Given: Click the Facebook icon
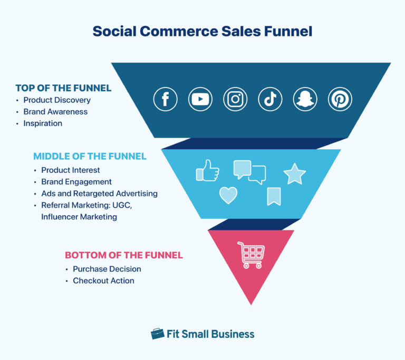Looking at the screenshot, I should point(166,99).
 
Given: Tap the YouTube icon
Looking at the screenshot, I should point(200,99).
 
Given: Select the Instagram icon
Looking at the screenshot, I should point(235,99).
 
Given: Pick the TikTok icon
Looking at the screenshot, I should point(270,99).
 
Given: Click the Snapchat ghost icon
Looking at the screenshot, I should point(305,99).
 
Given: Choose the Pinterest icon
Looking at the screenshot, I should point(340,99).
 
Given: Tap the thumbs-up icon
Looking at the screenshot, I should point(207,170).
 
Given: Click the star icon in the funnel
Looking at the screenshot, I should point(294,174).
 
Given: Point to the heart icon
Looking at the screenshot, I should point(228,196).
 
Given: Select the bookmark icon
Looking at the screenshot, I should point(274,196).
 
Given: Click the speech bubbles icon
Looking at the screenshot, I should point(249,172).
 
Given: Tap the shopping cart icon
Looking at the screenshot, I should point(251,255).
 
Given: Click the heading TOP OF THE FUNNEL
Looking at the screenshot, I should point(63,88).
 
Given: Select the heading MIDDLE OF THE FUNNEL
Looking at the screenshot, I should point(90,157).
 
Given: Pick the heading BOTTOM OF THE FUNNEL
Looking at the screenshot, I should point(124,255).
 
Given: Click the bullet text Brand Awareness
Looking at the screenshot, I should point(55,112).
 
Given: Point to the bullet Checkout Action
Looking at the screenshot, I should point(103,280).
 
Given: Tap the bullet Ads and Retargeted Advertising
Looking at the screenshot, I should point(99,193).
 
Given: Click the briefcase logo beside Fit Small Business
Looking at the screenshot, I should point(157,334).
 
